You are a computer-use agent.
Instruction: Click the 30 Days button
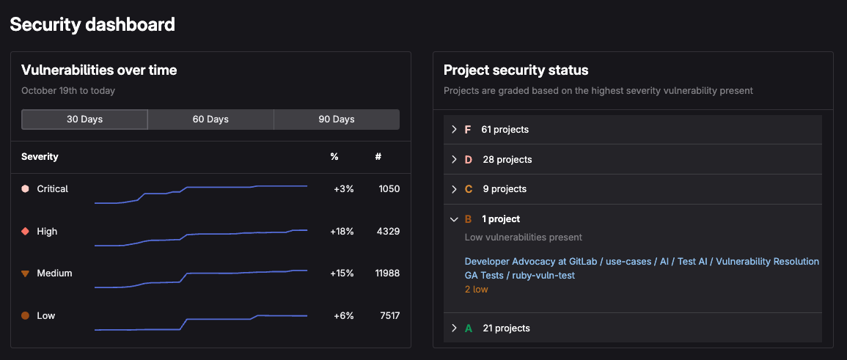coord(84,120)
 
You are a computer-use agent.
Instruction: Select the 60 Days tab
coord(210,120)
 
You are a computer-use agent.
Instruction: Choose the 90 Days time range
coord(337,120)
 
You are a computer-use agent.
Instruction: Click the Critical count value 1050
coord(389,189)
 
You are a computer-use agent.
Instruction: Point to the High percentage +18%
coord(343,232)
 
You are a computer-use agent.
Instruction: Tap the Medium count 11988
coord(386,273)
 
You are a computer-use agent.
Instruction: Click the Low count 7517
coord(389,316)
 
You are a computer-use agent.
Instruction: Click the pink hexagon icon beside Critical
coord(26,189)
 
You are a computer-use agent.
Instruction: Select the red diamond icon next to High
coord(26,232)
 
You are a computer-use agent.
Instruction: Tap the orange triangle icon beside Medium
coord(26,273)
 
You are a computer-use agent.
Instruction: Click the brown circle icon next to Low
coord(26,316)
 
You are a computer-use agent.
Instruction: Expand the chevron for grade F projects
coord(454,130)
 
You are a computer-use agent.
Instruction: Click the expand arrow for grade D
coord(454,160)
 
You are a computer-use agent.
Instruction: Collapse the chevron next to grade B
coord(454,219)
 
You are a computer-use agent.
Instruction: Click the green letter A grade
coord(469,328)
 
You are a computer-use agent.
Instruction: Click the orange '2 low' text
coord(476,290)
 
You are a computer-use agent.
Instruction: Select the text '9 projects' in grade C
coord(505,189)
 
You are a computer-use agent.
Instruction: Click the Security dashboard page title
coord(92,24)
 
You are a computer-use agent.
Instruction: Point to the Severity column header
coord(40,157)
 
